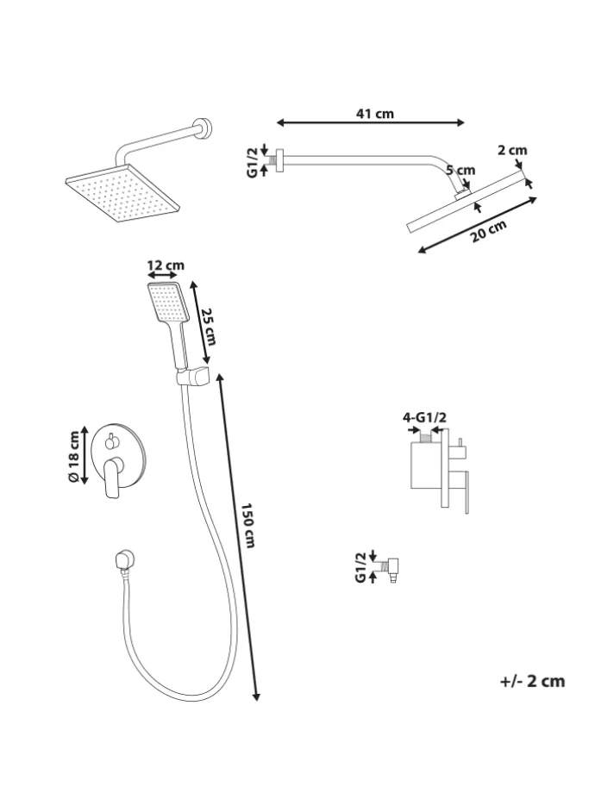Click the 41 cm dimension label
click(374, 114)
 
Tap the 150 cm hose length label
click(247, 526)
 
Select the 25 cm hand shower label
click(209, 327)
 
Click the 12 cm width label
click(166, 265)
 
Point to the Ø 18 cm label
click(73, 457)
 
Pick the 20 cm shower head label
click(489, 231)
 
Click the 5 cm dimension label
click(460, 170)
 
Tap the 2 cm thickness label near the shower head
click(512, 150)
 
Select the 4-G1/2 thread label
click(424, 418)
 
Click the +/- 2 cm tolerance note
click(532, 681)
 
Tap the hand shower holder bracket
click(193, 378)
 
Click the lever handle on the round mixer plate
click(113, 477)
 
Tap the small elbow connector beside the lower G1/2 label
click(391, 569)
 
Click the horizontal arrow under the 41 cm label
click(371, 122)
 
